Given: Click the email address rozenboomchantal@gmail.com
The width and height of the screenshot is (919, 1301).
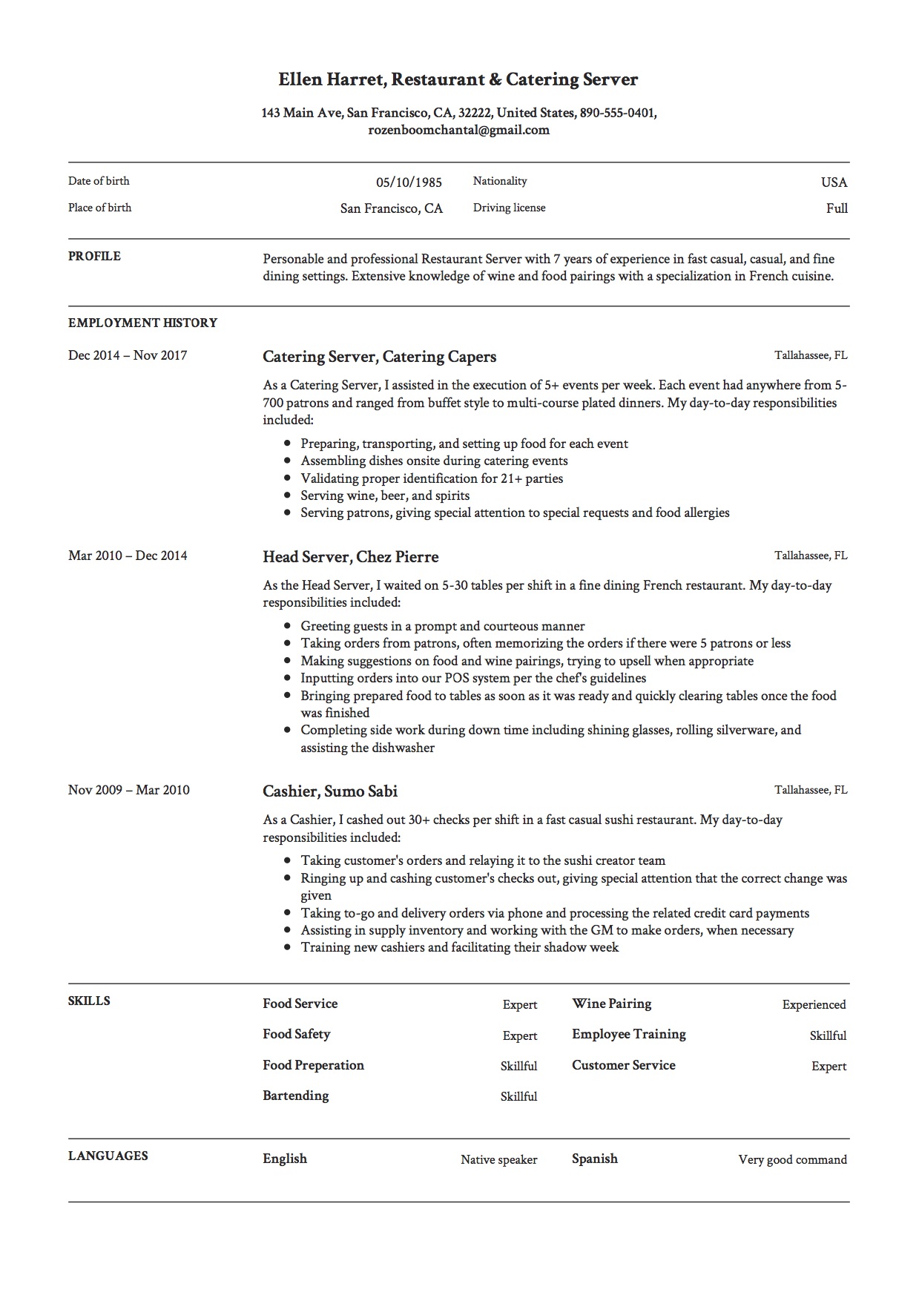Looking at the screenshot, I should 458,130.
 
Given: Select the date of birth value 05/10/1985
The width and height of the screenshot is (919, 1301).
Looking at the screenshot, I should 409,182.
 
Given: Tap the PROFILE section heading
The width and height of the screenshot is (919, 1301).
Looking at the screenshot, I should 94,256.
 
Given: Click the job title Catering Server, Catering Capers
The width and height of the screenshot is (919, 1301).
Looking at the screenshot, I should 379,357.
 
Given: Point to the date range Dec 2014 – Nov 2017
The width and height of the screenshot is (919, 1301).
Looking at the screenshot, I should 128,355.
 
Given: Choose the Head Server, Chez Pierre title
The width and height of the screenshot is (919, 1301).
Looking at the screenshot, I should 350,557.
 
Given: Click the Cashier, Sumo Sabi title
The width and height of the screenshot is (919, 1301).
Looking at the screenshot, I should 330,791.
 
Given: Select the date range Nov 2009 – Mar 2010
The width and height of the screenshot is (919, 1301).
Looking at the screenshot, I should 128,790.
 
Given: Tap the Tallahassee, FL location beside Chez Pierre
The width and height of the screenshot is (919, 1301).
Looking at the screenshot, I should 811,556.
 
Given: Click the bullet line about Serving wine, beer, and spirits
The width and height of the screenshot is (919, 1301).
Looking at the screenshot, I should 384,495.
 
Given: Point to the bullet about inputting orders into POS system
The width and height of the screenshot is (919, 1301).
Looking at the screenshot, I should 472,678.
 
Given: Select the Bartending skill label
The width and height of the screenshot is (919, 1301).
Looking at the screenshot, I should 295,1096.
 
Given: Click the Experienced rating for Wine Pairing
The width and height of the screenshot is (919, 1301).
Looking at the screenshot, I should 814,1004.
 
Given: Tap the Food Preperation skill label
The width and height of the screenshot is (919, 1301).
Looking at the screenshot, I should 313,1065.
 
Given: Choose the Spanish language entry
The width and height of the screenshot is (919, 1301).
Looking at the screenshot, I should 594,1159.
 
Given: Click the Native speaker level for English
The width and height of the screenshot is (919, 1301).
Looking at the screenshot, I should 498,1159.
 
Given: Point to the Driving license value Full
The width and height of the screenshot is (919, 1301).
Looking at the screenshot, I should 837,208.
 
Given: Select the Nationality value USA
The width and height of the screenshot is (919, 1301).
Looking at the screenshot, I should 834,182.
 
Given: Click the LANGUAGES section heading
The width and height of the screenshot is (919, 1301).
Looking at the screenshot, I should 108,1156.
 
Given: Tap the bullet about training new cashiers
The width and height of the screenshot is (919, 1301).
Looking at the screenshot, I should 459,947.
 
